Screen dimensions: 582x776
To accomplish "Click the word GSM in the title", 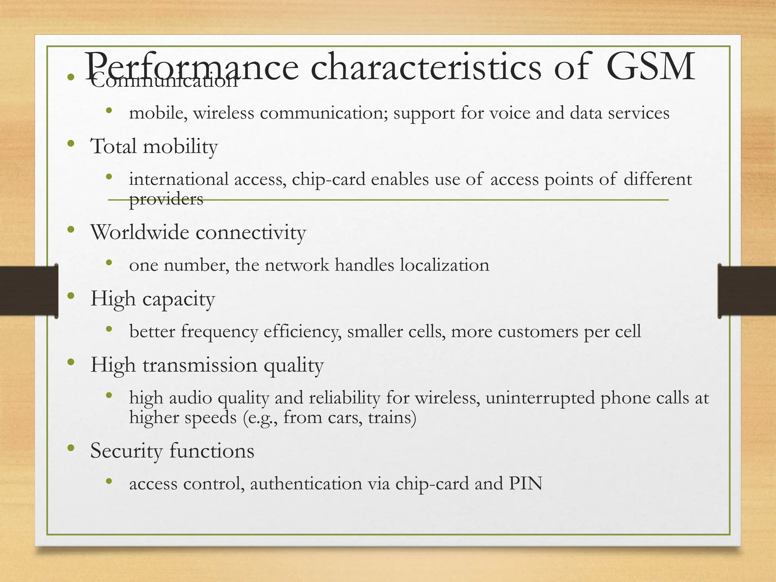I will coord(650,67).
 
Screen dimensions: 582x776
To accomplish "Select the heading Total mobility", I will coord(154,147).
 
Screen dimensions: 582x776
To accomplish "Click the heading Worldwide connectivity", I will coord(198,232).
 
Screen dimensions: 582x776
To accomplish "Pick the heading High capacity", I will coord(152,299).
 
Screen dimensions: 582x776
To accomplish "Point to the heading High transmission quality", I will coord(207,365).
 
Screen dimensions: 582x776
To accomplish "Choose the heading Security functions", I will coord(172,451).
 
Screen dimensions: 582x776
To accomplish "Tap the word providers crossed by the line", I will coord(166,199).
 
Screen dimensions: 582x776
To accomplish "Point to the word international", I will coord(179,179).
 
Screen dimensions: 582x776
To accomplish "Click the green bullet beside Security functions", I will coord(70,449).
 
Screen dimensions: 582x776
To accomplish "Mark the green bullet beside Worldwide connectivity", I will coord(70,230).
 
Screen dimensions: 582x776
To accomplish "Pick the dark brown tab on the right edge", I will coord(747,291).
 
